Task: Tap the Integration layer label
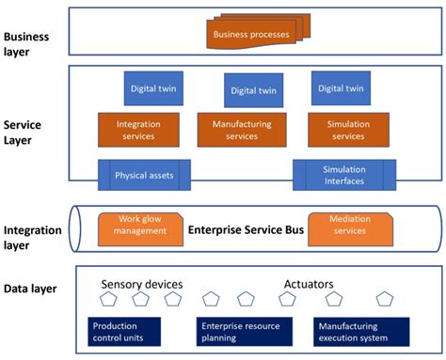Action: click(x=33, y=236)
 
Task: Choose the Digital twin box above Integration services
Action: click(x=152, y=88)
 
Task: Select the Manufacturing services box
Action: click(x=241, y=130)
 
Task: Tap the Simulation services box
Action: click(x=348, y=130)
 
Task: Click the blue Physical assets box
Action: click(x=144, y=175)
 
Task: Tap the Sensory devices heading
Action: click(x=141, y=283)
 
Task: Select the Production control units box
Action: click(x=126, y=333)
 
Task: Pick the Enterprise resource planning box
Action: click(x=240, y=333)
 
